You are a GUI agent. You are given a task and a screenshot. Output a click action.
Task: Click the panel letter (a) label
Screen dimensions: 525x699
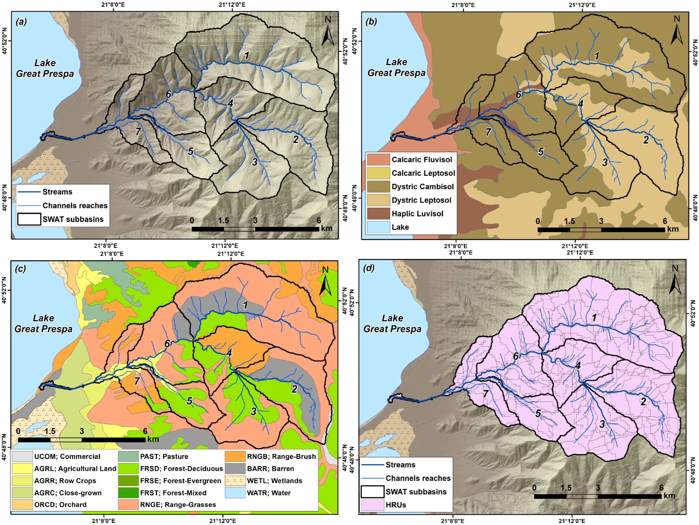21,22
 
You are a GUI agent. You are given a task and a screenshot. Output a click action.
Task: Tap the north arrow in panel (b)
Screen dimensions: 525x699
677,33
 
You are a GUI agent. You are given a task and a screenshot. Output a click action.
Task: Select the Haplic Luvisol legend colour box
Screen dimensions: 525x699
378,214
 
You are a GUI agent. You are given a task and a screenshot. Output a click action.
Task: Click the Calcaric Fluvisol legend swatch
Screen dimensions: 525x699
378,159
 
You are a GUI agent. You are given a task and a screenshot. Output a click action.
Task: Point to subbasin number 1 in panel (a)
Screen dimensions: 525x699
247,56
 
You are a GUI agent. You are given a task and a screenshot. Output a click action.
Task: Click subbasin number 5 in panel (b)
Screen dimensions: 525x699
541,152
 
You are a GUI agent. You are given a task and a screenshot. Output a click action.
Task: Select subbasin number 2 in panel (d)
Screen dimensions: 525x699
643,401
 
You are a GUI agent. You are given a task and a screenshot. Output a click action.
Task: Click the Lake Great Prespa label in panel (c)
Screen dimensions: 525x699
44,323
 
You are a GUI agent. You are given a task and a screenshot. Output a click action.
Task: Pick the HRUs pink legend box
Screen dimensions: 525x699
372,505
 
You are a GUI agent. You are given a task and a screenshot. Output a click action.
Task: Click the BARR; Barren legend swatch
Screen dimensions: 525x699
235,469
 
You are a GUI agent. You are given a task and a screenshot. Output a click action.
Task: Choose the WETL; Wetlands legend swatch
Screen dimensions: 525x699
235,481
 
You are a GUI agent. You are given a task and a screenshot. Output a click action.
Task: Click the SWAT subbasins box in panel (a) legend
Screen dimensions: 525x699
29,219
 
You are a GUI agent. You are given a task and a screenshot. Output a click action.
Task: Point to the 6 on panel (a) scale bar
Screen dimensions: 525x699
319,221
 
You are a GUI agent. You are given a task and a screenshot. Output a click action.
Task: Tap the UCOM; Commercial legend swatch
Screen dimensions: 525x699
22,456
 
